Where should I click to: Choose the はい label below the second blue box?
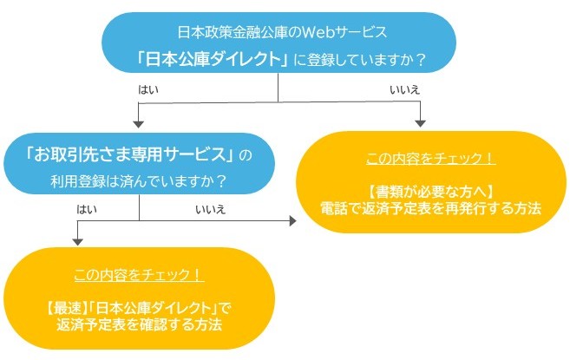pos(88,209)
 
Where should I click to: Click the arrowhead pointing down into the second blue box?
pos(140,124)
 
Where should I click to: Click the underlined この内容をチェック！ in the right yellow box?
pos(431,160)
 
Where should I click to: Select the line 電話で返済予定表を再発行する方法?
pos(430,209)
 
